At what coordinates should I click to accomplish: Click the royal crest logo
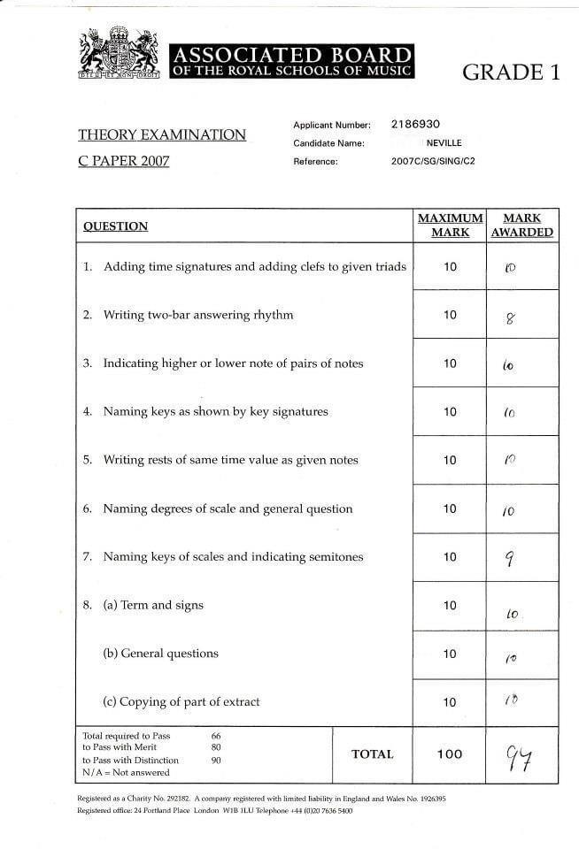(119, 52)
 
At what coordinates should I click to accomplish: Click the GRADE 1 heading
(511, 73)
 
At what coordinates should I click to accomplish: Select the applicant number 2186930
(415, 125)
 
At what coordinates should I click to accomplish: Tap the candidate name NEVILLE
(444, 143)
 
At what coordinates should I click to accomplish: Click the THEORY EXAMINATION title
(162, 134)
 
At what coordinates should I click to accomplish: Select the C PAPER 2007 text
(123, 161)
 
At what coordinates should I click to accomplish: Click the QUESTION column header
(115, 226)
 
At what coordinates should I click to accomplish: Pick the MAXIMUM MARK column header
(450, 226)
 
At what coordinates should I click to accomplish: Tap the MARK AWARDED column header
(522, 226)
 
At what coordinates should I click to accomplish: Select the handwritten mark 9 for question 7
(510, 558)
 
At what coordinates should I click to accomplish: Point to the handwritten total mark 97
(518, 758)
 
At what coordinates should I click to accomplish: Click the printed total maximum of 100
(450, 754)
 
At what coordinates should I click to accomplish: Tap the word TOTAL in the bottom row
(372, 754)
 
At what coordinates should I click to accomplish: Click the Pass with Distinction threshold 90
(218, 760)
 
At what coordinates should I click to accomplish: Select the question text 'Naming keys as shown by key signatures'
(215, 411)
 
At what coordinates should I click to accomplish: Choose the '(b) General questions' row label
(160, 654)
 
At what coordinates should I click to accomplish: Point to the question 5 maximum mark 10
(450, 461)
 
